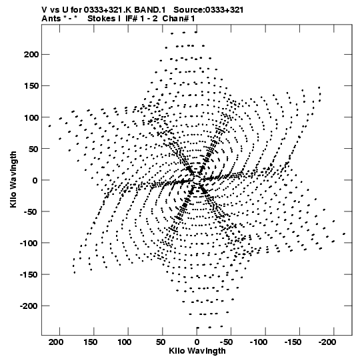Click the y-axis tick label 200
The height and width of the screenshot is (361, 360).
(31, 55)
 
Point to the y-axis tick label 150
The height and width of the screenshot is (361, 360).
(31, 86)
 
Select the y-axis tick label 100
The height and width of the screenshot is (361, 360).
(31, 117)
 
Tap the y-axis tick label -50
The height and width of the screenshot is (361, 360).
(31, 212)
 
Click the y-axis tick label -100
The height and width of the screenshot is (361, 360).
(29, 243)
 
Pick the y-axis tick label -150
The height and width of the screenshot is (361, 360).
(29, 274)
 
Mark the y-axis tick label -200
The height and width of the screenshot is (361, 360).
(29, 306)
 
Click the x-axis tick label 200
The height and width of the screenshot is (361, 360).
(56, 342)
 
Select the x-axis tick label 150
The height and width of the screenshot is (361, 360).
(90, 342)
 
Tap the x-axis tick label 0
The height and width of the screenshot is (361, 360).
(197, 342)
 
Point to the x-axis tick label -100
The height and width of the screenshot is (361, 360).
(259, 342)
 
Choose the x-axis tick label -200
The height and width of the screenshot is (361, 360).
(327, 342)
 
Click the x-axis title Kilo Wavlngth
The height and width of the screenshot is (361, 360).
(197, 351)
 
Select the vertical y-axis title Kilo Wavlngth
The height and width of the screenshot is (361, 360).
(13, 179)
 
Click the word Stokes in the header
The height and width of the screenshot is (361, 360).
(102, 19)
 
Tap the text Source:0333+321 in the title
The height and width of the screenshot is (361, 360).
(208, 10)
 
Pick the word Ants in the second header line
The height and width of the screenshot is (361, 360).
(51, 19)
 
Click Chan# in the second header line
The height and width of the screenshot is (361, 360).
(175, 19)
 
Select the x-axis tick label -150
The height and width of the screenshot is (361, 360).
(293, 342)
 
